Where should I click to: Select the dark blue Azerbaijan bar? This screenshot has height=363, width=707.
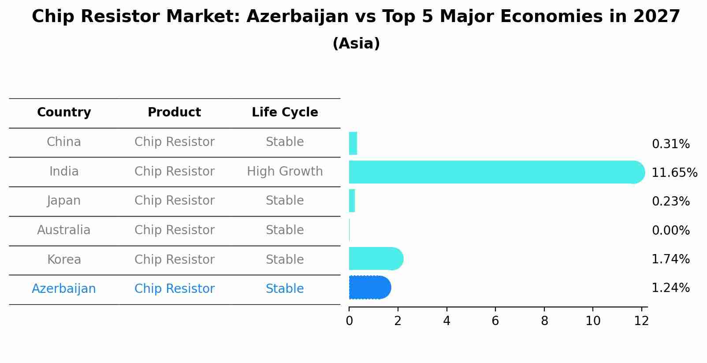(x=369, y=288)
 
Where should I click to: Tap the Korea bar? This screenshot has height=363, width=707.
(x=376, y=259)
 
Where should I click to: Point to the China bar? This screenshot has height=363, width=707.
(x=353, y=143)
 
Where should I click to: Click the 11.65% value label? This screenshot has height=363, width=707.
(x=674, y=173)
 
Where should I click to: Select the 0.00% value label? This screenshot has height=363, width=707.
(x=670, y=231)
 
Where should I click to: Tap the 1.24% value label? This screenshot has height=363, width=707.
(x=670, y=288)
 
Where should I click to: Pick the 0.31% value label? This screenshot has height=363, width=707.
(x=670, y=144)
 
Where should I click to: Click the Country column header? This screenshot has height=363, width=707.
(x=64, y=112)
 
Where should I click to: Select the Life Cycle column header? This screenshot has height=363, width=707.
(x=285, y=112)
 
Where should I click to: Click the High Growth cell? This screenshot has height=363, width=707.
(x=285, y=172)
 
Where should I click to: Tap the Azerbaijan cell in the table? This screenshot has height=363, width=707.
(x=64, y=289)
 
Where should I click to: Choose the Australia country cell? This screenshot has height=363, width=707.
(x=64, y=230)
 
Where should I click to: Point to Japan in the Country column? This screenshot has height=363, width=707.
(x=64, y=201)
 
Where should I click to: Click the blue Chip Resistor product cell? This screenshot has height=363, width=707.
(x=174, y=289)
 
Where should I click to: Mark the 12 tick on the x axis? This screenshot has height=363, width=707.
(x=641, y=321)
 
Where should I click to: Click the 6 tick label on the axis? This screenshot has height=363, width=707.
(x=495, y=321)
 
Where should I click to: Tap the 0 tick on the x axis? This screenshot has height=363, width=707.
(x=349, y=321)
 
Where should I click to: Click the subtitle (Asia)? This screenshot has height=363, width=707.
(x=356, y=44)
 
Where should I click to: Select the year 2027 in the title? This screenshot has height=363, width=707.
(x=657, y=17)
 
